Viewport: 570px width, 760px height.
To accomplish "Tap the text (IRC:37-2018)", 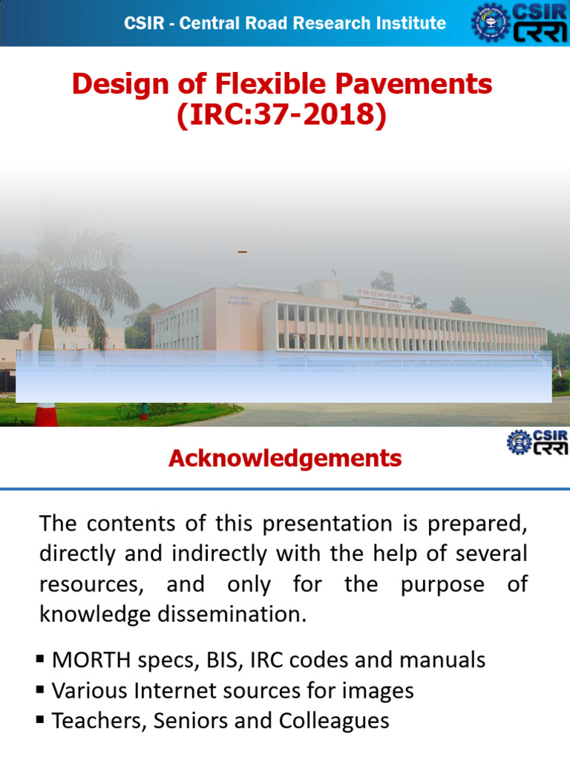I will (x=281, y=116).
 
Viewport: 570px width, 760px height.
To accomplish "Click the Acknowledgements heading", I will (x=285, y=459).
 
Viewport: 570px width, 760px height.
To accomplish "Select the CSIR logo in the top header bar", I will (x=520, y=23).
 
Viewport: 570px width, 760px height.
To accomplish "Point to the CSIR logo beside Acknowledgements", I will (x=537, y=442).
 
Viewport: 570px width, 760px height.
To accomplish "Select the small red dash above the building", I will (x=242, y=253).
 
